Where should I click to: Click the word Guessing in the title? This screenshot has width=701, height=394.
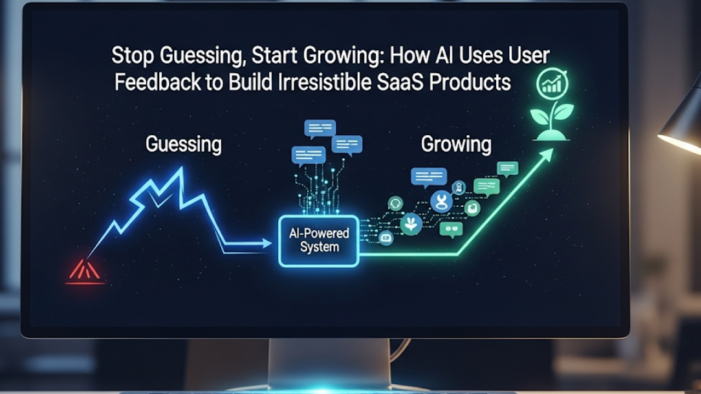(x=201, y=56)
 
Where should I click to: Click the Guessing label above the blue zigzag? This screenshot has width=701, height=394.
(x=183, y=144)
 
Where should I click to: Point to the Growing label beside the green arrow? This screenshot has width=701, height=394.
(x=456, y=144)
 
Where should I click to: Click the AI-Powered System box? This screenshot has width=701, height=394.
(x=319, y=241)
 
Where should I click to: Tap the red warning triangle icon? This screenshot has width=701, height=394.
(x=84, y=271)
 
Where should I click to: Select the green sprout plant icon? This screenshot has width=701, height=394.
(x=551, y=121)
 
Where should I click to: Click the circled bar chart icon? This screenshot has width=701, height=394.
(x=552, y=84)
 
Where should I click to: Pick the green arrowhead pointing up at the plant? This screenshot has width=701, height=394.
(x=547, y=155)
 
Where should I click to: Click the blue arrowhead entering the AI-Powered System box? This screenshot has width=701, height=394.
(x=267, y=244)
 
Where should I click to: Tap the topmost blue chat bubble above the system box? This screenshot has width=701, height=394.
(x=320, y=129)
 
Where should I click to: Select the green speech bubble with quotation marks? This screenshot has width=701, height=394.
(x=451, y=229)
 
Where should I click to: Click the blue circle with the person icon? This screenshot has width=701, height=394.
(x=441, y=202)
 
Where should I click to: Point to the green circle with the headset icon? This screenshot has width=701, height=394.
(x=395, y=204)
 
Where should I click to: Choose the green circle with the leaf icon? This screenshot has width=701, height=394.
(x=411, y=224)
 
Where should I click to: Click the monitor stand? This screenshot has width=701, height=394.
(x=329, y=364)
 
